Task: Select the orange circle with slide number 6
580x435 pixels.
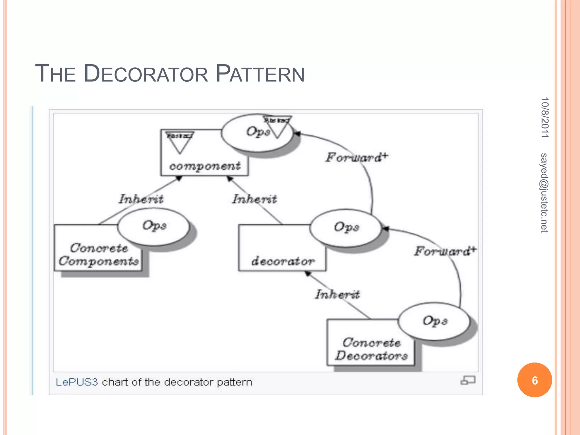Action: (534, 380)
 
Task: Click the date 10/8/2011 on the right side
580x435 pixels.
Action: (545, 118)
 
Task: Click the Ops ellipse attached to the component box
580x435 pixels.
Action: (256, 133)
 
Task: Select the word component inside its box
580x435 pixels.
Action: (205, 166)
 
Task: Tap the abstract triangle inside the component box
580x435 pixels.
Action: (180, 142)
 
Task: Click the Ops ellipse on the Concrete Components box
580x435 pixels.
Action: (154, 226)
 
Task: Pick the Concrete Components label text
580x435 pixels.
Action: (99, 255)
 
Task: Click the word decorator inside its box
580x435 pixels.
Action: (283, 261)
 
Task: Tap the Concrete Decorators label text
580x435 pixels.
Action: (371, 349)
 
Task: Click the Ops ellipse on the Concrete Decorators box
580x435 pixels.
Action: (435, 321)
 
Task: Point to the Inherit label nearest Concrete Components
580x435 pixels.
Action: (141, 199)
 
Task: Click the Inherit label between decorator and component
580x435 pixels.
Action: (254, 199)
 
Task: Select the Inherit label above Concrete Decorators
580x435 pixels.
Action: (338, 295)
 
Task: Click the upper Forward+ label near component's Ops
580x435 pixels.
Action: (356, 157)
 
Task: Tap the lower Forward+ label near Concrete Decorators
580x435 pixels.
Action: (445, 251)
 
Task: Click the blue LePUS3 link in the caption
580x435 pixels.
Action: (76, 382)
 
